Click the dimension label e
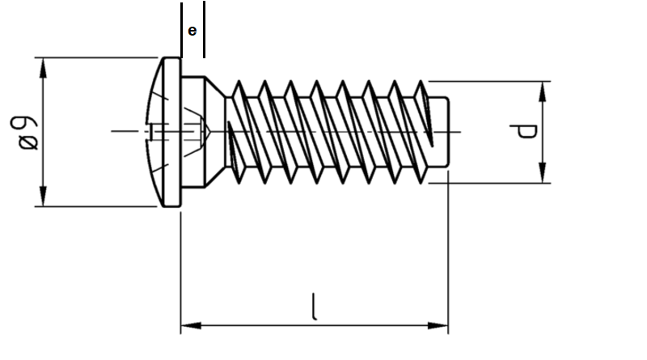click(192, 31)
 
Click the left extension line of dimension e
click(181, 28)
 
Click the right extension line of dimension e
click(203, 28)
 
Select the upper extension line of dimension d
click(485, 81)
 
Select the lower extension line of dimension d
click(485, 183)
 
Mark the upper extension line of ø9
click(97, 57)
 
